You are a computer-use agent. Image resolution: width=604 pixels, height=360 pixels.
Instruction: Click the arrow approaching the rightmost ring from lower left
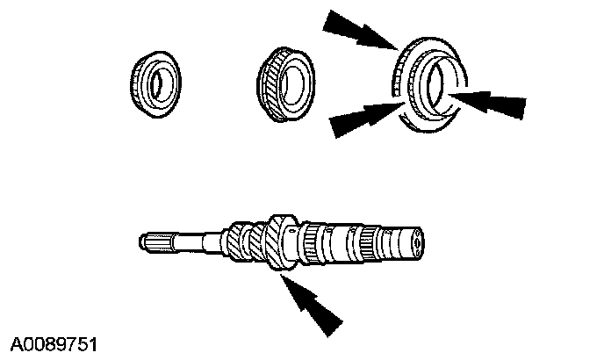coord(360,119)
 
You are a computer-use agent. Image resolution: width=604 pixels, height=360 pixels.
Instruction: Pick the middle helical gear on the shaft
coord(254,241)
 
